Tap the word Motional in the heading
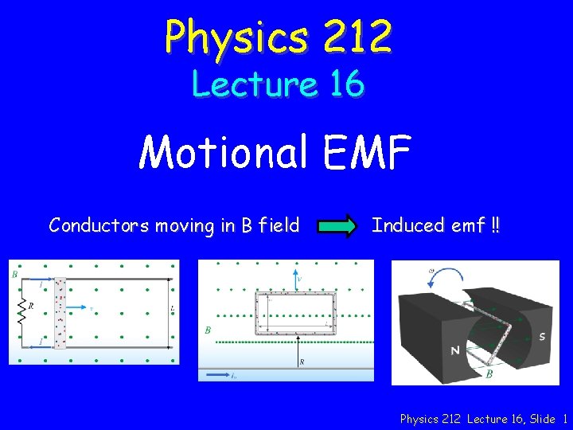(x=222, y=153)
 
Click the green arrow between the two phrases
(x=337, y=226)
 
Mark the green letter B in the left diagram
(x=14, y=274)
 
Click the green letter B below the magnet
(x=490, y=373)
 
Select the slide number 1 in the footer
(x=564, y=419)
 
